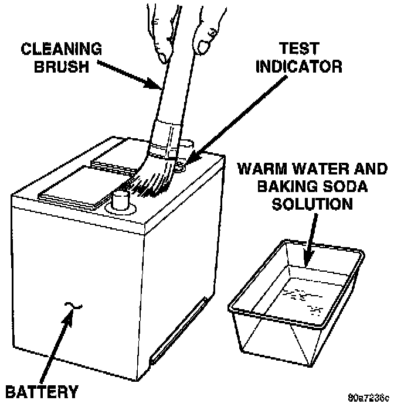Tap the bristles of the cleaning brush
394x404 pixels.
coord(154,182)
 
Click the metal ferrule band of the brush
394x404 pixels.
coord(164,141)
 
